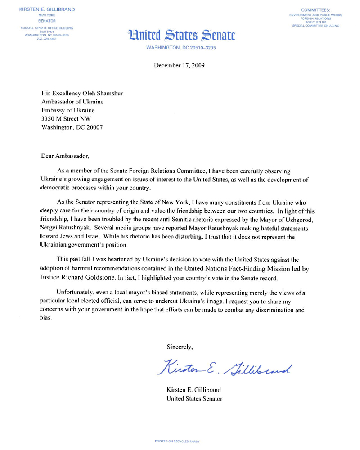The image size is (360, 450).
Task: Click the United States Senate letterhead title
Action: pyautogui.click(x=182, y=34)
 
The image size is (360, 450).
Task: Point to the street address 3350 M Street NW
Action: pyautogui.click(x=70, y=119)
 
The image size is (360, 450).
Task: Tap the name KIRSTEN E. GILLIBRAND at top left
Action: pyautogui.click(x=47, y=9)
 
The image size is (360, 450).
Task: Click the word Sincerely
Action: pyautogui.click(x=180, y=347)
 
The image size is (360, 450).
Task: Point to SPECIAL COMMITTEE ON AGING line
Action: pyautogui.click(x=315, y=26)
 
